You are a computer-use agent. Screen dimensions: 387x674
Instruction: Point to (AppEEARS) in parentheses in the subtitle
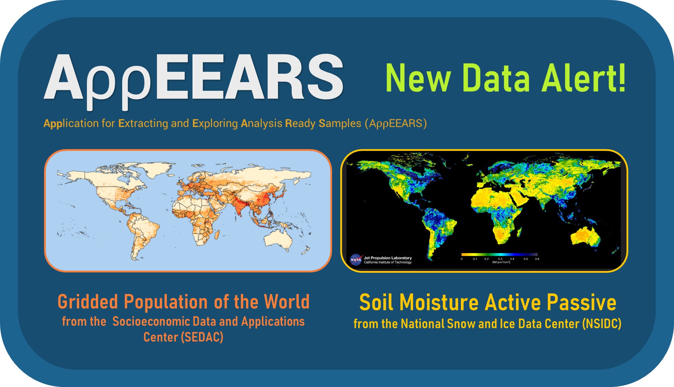[395, 123]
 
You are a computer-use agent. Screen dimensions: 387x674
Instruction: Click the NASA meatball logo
[356, 260]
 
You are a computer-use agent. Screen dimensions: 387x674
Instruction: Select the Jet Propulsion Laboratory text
[388, 258]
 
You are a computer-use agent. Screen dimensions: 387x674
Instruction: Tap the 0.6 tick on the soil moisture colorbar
[537, 259]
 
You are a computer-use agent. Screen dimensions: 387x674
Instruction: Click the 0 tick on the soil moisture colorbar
[462, 259]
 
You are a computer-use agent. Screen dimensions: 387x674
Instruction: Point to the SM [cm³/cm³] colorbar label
[501, 262]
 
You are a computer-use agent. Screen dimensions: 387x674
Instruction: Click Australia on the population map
[279, 240]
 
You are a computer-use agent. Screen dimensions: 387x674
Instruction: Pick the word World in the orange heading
[287, 302]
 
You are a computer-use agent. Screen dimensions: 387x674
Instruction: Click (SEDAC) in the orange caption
[202, 337]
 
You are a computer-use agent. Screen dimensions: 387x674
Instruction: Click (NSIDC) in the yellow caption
[602, 324]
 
